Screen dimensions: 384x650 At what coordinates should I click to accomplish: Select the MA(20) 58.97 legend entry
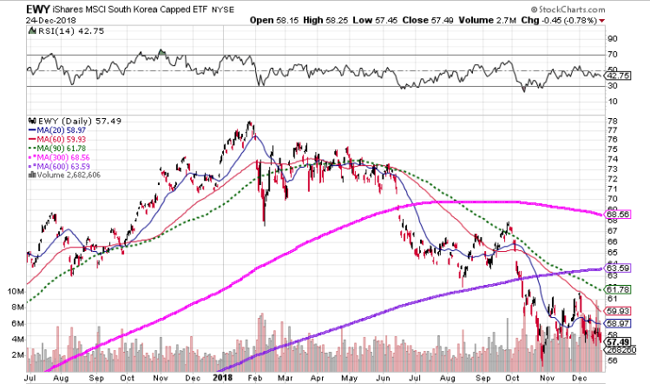tap(58, 130)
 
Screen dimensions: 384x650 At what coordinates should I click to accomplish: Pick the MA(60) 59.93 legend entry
tap(58, 139)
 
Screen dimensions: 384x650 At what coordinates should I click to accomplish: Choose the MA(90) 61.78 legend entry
tap(58, 148)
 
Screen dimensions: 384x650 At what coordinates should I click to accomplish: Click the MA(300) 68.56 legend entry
tap(62, 157)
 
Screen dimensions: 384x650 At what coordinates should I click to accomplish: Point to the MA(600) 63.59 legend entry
tap(62, 166)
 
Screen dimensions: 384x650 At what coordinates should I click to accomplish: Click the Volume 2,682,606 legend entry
tap(65, 175)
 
